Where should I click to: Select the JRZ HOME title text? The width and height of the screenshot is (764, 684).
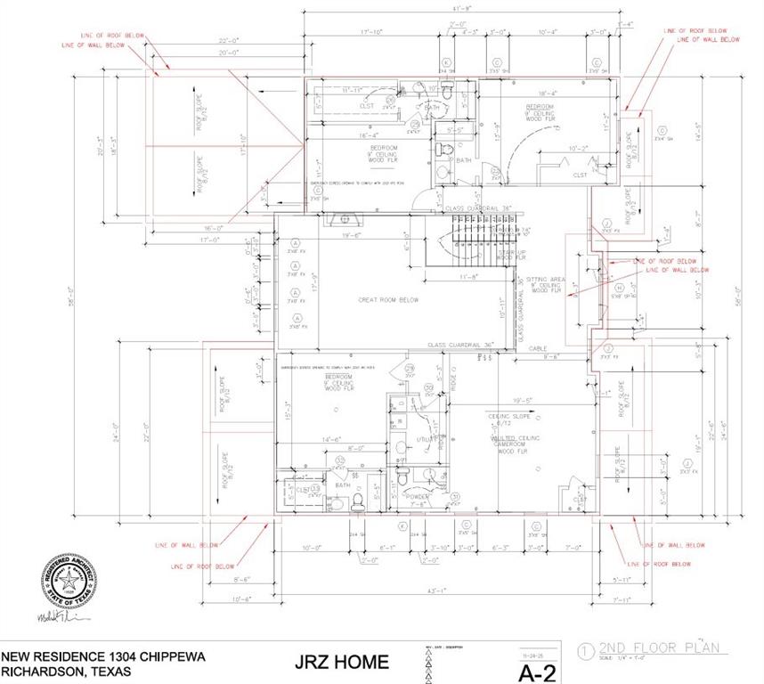tap(342, 662)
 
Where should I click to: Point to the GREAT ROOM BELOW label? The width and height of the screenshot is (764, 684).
tap(388, 300)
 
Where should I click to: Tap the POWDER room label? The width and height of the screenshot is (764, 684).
tap(417, 496)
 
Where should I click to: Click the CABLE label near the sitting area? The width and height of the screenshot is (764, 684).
tap(537, 348)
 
